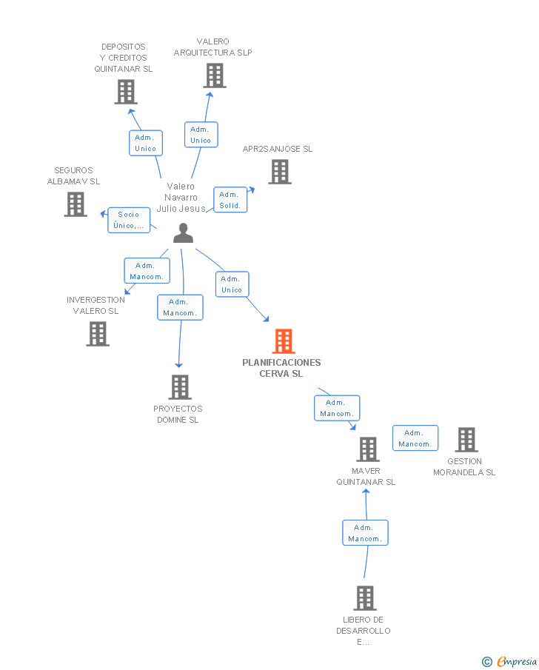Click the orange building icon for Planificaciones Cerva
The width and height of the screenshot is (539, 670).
(x=284, y=341)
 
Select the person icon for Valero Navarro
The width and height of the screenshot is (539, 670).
(x=183, y=233)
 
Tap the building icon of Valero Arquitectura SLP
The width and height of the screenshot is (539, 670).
(x=214, y=76)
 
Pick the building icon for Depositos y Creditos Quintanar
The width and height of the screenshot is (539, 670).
(x=126, y=92)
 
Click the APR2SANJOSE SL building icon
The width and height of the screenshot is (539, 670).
(x=279, y=172)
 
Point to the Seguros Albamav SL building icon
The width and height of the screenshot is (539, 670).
(x=76, y=204)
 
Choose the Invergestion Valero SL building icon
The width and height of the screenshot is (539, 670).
(x=98, y=334)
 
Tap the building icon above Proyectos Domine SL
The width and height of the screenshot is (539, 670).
(x=179, y=386)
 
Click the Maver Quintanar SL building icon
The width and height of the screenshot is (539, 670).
(x=367, y=449)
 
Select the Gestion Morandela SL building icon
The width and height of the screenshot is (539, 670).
(x=466, y=440)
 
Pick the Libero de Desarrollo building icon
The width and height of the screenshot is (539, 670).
(x=364, y=597)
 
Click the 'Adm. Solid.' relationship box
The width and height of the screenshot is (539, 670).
(x=230, y=200)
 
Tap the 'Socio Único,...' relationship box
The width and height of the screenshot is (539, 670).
(x=129, y=220)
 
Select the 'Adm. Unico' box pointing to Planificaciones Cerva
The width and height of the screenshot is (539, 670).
(x=232, y=284)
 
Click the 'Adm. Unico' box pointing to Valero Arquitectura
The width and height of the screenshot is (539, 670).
(x=201, y=135)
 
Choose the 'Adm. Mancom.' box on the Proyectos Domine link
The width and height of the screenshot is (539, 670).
(x=180, y=307)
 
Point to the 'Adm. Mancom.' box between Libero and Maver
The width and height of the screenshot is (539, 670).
(x=365, y=533)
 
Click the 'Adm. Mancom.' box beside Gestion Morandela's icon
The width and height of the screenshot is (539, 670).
(x=415, y=438)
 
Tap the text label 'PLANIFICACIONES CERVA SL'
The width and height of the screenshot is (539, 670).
(x=281, y=368)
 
